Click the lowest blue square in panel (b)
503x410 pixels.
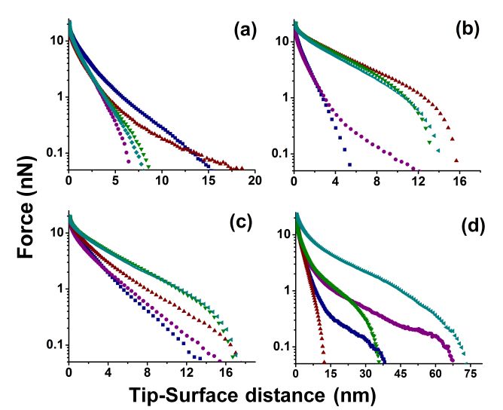click(x=349, y=164)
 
